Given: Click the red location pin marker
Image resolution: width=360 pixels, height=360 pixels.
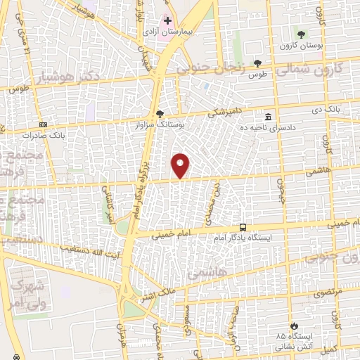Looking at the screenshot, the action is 181,165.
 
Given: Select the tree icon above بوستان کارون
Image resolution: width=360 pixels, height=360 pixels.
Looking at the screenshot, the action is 302,34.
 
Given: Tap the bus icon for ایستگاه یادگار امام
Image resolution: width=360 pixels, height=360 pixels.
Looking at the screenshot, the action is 243,228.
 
